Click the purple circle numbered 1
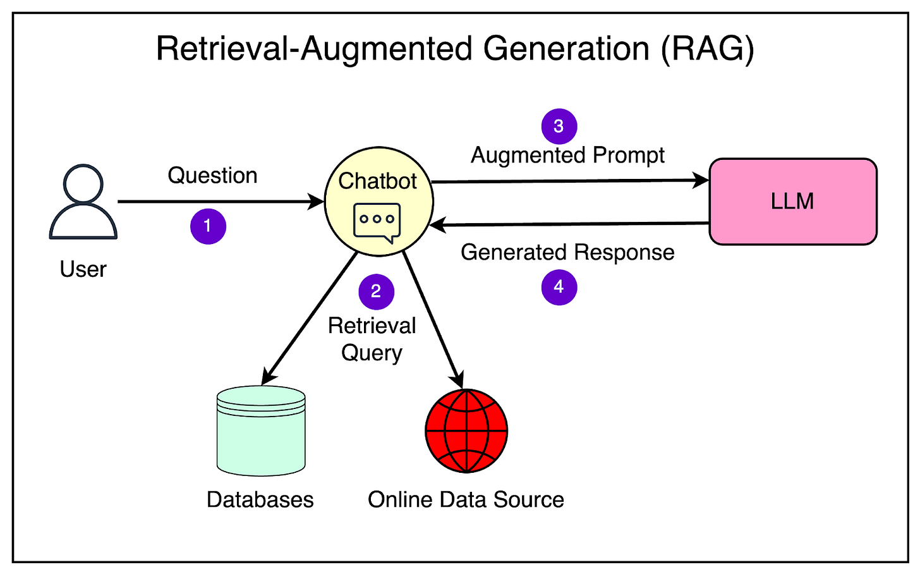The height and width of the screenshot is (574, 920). [x=208, y=226]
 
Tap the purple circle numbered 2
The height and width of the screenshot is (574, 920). [x=376, y=291]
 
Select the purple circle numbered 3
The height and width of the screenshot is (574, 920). [x=559, y=126]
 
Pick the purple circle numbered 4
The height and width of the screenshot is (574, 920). [x=559, y=287]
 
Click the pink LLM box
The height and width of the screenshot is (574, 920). [x=792, y=202]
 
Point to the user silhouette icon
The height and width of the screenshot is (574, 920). [x=83, y=202]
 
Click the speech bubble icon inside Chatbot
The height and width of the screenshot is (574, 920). [x=377, y=222]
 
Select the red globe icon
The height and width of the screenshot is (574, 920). [x=466, y=430]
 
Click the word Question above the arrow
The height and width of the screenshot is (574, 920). [x=212, y=176]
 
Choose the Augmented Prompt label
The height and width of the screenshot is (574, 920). [x=567, y=156]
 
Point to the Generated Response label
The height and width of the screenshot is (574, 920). [x=567, y=252]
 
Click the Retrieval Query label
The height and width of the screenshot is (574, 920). [x=372, y=339]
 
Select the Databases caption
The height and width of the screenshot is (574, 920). [x=260, y=499]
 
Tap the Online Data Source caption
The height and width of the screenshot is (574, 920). [x=466, y=499]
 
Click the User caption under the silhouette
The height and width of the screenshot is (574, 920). [x=83, y=269]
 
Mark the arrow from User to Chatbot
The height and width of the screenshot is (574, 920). [x=221, y=202]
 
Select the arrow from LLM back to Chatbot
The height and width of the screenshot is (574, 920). [x=569, y=224]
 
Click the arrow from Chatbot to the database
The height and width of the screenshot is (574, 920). [x=310, y=318]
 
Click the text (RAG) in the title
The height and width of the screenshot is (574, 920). [x=707, y=49]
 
